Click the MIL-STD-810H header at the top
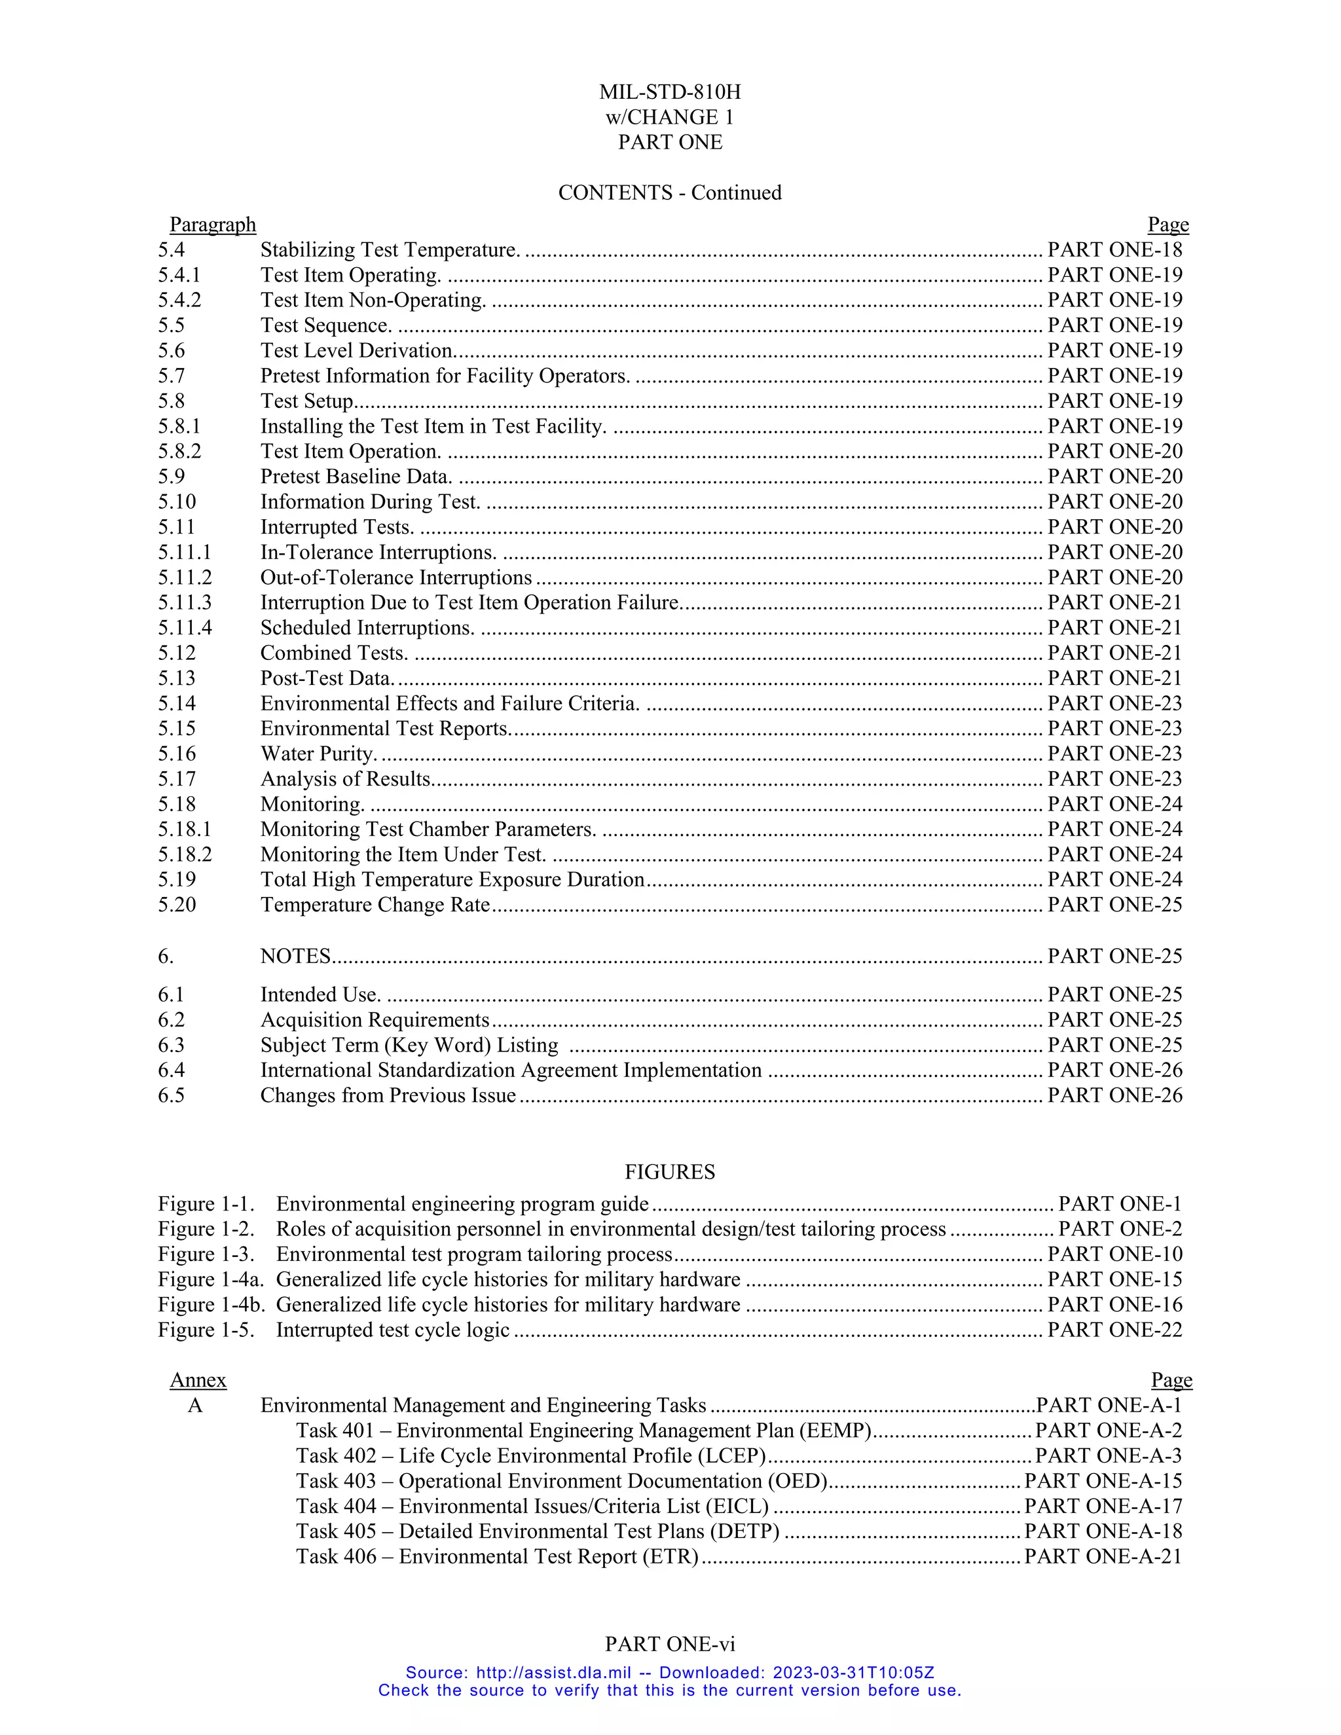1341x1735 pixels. [670, 92]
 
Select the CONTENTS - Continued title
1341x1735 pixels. [670, 193]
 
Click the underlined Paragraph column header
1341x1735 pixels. [212, 225]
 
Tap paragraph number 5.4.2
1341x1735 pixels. [179, 301]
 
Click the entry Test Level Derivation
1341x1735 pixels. [358, 350]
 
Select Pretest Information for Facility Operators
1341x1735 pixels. [445, 376]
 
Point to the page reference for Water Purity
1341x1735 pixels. [1114, 754]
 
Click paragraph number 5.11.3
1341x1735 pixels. [184, 603]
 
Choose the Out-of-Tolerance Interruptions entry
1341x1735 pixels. [395, 577]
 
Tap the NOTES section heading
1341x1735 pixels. [295, 957]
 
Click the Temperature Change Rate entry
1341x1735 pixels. [375, 905]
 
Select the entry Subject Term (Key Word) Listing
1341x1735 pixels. [409, 1046]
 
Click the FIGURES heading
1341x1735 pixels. [670, 1173]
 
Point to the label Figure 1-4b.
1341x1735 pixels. [211, 1306]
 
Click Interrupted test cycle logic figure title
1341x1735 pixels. [392, 1330]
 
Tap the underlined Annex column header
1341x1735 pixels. [198, 1381]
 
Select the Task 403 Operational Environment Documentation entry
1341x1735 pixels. [562, 1482]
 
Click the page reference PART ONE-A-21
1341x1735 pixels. [1103, 1557]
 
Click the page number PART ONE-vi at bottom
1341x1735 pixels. [670, 1645]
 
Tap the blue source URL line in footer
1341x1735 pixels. [670, 1673]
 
